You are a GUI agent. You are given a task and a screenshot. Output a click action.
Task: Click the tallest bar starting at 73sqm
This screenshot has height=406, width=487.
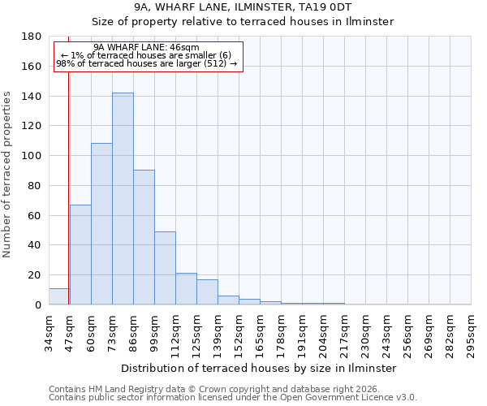point(123,199)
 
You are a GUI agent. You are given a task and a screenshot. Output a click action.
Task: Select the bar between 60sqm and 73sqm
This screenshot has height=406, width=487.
point(101,224)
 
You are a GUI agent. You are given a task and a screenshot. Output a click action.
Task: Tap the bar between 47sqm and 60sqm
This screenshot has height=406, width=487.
point(80,255)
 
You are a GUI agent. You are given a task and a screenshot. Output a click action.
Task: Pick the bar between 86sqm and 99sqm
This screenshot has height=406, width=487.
point(144,237)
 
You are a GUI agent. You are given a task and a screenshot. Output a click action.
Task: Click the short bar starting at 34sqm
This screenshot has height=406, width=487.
point(59,296)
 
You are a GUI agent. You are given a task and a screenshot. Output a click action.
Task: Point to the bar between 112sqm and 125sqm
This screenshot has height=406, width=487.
point(186,289)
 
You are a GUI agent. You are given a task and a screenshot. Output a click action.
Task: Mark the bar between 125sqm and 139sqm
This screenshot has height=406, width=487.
point(207,292)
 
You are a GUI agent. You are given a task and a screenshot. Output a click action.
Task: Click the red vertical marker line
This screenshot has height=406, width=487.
point(68,179)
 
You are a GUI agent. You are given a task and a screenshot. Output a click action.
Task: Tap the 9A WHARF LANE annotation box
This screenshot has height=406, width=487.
point(149,56)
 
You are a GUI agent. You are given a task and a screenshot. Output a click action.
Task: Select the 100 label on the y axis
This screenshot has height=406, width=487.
point(32,156)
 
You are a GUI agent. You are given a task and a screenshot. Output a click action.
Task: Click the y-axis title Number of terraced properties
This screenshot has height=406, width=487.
point(7,175)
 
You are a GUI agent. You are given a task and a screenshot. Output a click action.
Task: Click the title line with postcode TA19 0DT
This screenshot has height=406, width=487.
point(244,7)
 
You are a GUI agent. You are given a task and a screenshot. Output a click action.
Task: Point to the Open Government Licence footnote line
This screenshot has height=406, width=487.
point(233,397)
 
